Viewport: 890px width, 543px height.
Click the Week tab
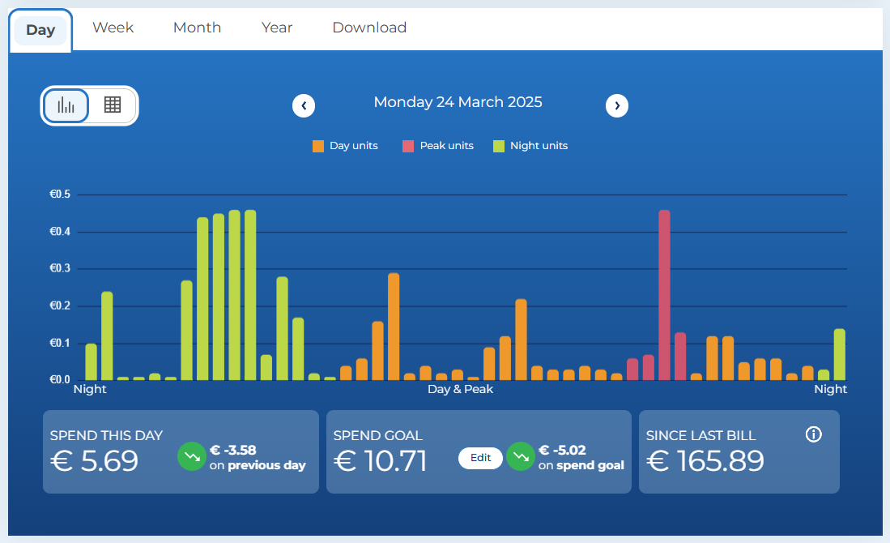113,28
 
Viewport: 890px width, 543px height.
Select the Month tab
197,28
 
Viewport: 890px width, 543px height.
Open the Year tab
277,28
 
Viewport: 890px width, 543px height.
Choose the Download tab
369,28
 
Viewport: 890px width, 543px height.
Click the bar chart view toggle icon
66,105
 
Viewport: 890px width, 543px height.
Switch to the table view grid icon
113,105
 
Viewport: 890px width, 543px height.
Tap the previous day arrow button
304,105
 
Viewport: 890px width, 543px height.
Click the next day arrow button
617,105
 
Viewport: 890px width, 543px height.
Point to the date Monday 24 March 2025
458,103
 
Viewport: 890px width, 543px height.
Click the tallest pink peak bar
664,295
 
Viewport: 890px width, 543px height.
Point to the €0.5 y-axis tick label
60,195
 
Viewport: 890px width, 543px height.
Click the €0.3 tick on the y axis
60,269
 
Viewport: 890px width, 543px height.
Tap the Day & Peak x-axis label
460,389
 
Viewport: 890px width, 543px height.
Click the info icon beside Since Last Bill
814,434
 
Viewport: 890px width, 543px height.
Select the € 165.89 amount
705,461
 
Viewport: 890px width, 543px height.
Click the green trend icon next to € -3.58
192,457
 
